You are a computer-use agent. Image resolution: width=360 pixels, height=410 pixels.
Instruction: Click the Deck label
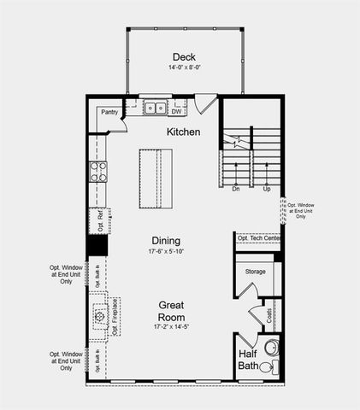(183, 56)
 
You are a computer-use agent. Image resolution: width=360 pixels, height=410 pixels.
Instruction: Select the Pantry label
(109, 112)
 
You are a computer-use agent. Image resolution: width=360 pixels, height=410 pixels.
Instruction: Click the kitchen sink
(155, 108)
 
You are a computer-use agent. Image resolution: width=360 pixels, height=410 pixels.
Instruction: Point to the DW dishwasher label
(176, 111)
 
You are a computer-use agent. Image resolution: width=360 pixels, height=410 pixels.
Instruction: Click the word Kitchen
(183, 132)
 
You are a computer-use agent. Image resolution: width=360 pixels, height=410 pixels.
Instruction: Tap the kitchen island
(156, 178)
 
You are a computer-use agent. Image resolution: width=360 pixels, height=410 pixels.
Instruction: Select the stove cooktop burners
(98, 172)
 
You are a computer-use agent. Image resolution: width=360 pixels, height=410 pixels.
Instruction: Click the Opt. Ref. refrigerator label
(99, 221)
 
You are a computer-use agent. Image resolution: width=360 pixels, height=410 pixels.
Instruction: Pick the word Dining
(166, 240)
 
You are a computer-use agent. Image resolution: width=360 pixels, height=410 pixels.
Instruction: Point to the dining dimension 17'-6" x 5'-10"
(166, 251)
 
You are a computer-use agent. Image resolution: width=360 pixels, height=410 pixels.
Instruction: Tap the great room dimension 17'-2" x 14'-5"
(171, 326)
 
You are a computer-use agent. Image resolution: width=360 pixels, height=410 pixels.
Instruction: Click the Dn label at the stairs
(235, 189)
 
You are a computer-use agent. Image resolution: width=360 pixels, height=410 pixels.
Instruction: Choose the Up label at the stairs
(267, 189)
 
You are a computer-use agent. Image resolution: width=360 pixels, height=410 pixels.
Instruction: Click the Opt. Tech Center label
(258, 237)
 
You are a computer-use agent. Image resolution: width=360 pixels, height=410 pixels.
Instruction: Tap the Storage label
(255, 272)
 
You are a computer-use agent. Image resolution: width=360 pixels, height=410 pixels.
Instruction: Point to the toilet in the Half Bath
(267, 365)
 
